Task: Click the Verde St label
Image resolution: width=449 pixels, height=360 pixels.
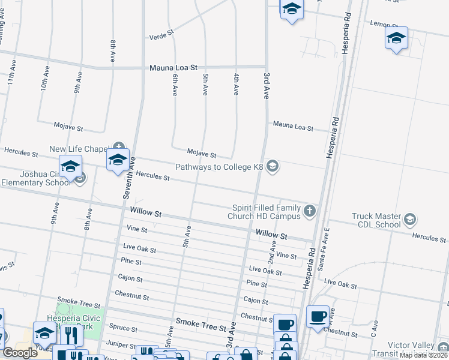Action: coord(161,35)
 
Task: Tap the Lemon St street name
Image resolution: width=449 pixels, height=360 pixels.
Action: coord(384,24)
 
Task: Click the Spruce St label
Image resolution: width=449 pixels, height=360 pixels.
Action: coord(124,329)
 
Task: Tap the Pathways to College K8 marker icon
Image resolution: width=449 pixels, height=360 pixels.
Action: coord(273,166)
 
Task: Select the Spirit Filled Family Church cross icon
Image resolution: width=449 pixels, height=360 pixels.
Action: coord(309,211)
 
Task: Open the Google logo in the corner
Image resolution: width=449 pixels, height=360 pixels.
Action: coord(20,353)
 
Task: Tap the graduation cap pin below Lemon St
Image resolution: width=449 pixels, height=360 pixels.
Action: coord(396,38)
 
